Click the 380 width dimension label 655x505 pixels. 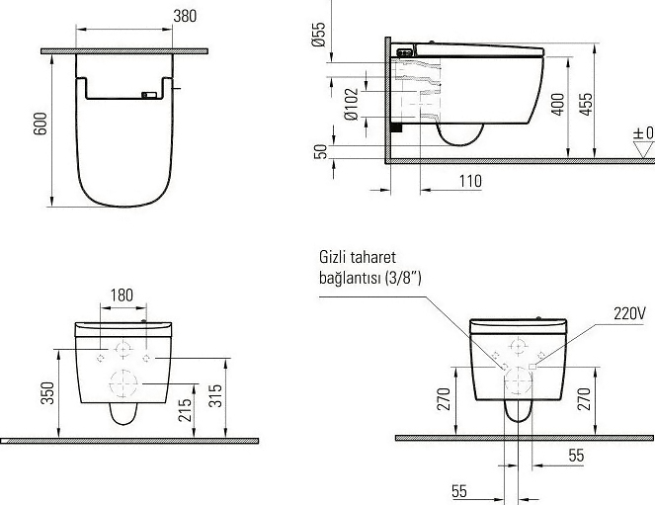pos(185,16)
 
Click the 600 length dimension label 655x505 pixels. pos(41,124)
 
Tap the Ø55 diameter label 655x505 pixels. pos(318,35)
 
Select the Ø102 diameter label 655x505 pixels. pos(352,104)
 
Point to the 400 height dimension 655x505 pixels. pos(558,105)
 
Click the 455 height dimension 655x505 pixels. pos(586,105)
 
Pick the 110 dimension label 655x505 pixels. pos(470,181)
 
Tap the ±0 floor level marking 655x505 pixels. pos(643,133)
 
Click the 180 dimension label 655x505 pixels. pos(122,295)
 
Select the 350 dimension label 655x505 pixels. pos(48,393)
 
